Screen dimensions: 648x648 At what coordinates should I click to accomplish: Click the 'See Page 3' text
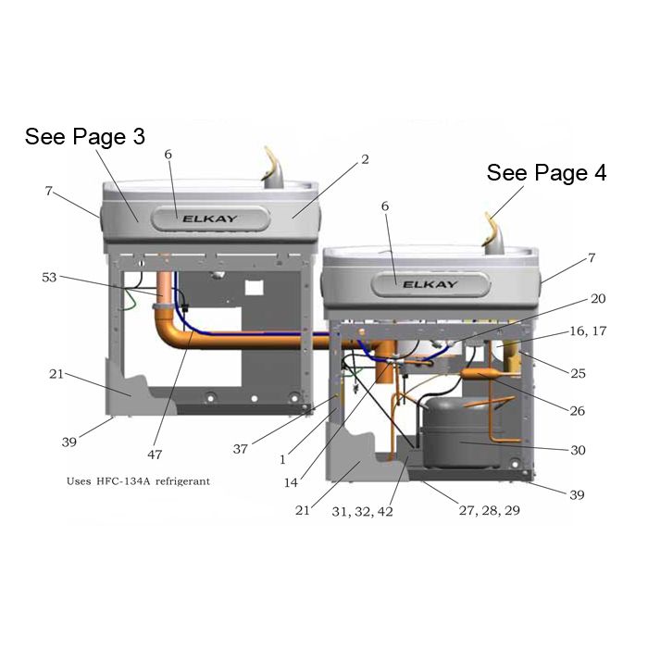click(x=85, y=137)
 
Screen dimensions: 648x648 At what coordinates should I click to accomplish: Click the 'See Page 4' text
click(x=546, y=172)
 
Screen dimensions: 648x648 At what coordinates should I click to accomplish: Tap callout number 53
click(x=49, y=278)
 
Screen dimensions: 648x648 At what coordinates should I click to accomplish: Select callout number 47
click(x=155, y=455)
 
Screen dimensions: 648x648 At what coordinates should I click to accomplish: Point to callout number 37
click(x=241, y=449)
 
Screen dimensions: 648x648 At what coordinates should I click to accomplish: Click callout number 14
click(x=291, y=482)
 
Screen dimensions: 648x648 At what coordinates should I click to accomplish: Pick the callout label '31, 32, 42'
click(x=363, y=512)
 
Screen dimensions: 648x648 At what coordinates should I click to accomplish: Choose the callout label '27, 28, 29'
click(x=490, y=510)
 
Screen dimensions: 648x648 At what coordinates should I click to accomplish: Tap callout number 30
click(x=578, y=450)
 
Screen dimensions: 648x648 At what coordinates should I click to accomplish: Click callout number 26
click(x=578, y=411)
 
